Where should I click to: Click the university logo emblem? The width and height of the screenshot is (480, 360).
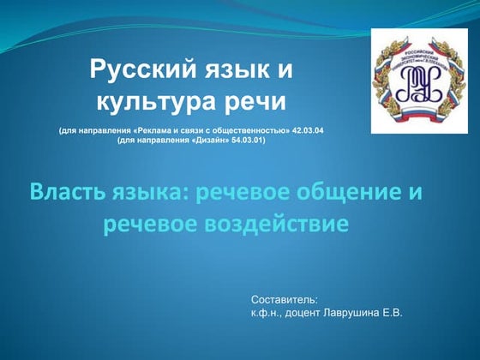(407, 81)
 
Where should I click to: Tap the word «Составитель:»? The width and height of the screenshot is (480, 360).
(284, 300)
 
